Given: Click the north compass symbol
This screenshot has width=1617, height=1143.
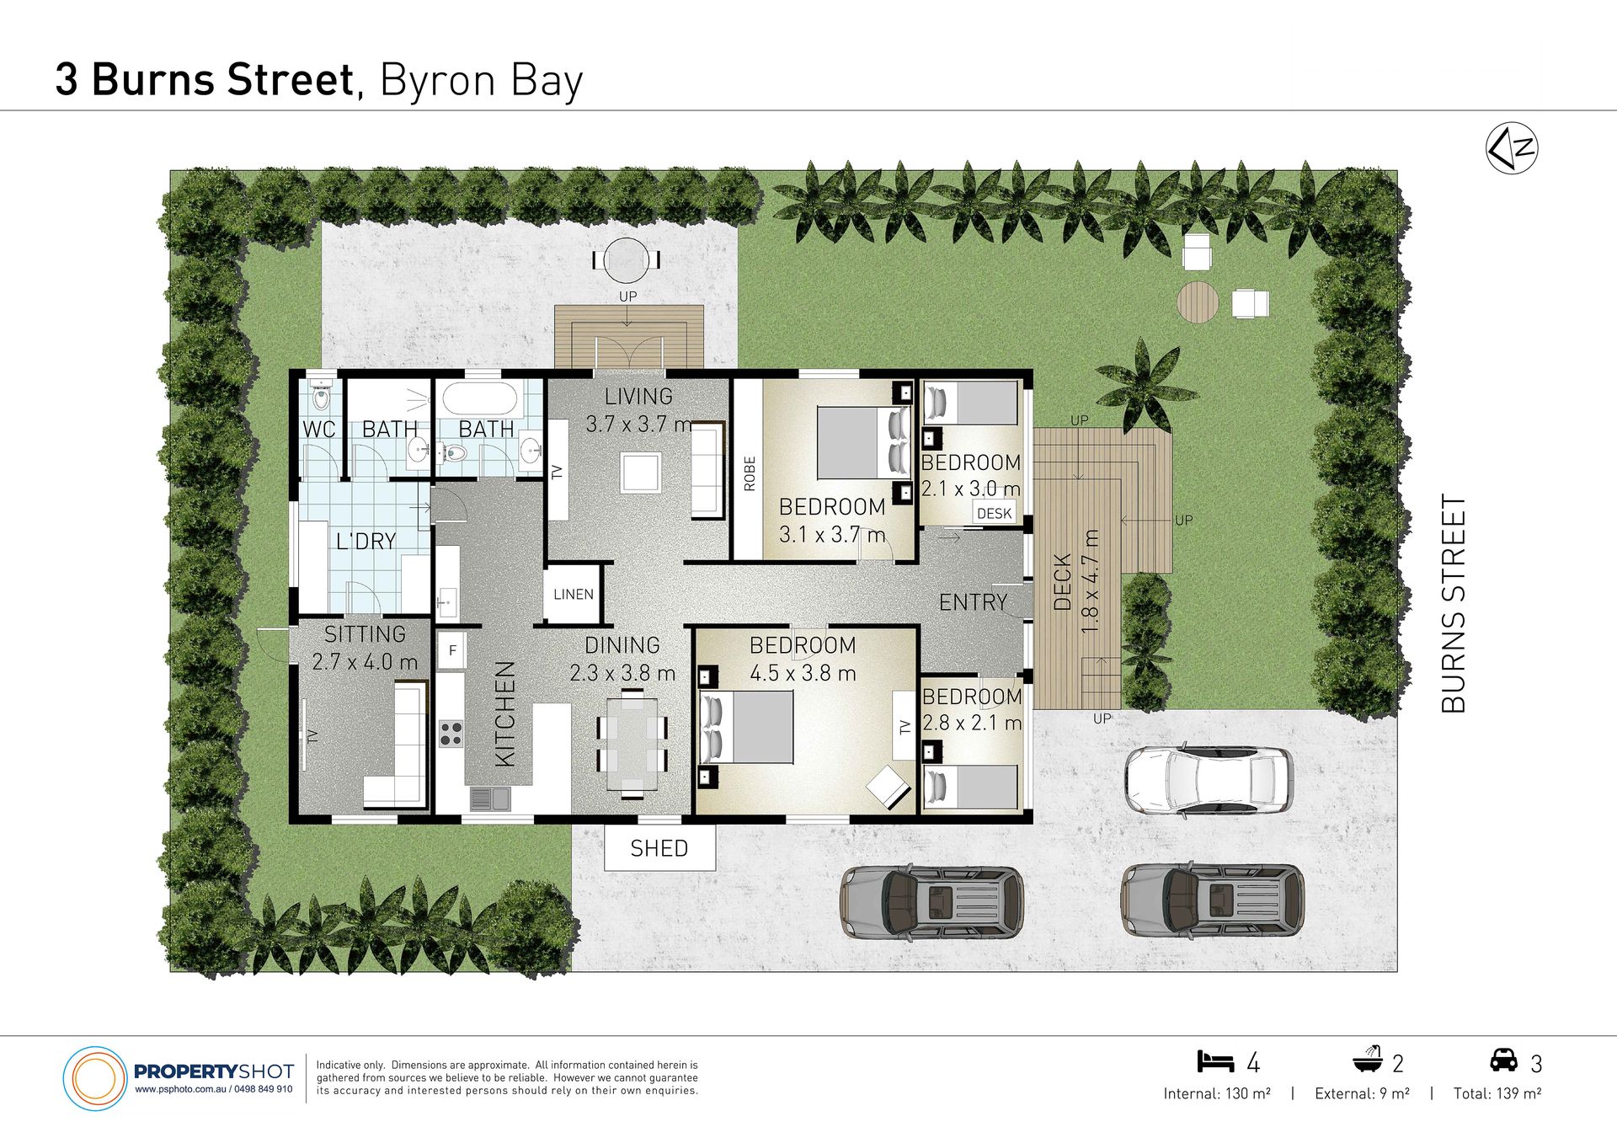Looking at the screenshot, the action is point(1512,148).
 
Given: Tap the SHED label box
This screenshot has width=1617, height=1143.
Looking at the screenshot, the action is point(659,847).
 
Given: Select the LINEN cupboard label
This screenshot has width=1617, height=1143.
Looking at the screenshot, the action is point(574,594).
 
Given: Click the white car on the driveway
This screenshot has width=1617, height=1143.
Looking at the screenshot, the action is point(1209,779).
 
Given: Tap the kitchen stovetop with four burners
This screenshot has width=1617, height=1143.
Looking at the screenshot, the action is point(451,734).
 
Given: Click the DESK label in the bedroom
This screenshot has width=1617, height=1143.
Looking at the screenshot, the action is point(995,513).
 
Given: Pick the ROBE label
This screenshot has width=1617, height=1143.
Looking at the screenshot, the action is point(749,473).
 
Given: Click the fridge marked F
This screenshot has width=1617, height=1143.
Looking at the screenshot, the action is point(452,650).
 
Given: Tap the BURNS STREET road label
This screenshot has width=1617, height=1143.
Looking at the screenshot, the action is point(1454,603).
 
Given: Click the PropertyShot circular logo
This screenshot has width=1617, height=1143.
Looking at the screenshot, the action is point(94,1078).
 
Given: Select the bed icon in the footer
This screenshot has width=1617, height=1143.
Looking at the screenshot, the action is point(1215,1060).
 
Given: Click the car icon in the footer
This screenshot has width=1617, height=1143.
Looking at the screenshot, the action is point(1503,1060).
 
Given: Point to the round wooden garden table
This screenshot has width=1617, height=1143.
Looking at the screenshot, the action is point(1198,302).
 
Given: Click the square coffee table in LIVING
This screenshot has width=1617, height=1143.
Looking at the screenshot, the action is point(640,473).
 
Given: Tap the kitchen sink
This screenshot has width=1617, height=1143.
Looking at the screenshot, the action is point(489,798).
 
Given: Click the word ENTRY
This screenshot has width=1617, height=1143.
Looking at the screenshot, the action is point(973,602).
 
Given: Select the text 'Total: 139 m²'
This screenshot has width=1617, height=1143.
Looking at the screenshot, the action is point(1497,1093).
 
